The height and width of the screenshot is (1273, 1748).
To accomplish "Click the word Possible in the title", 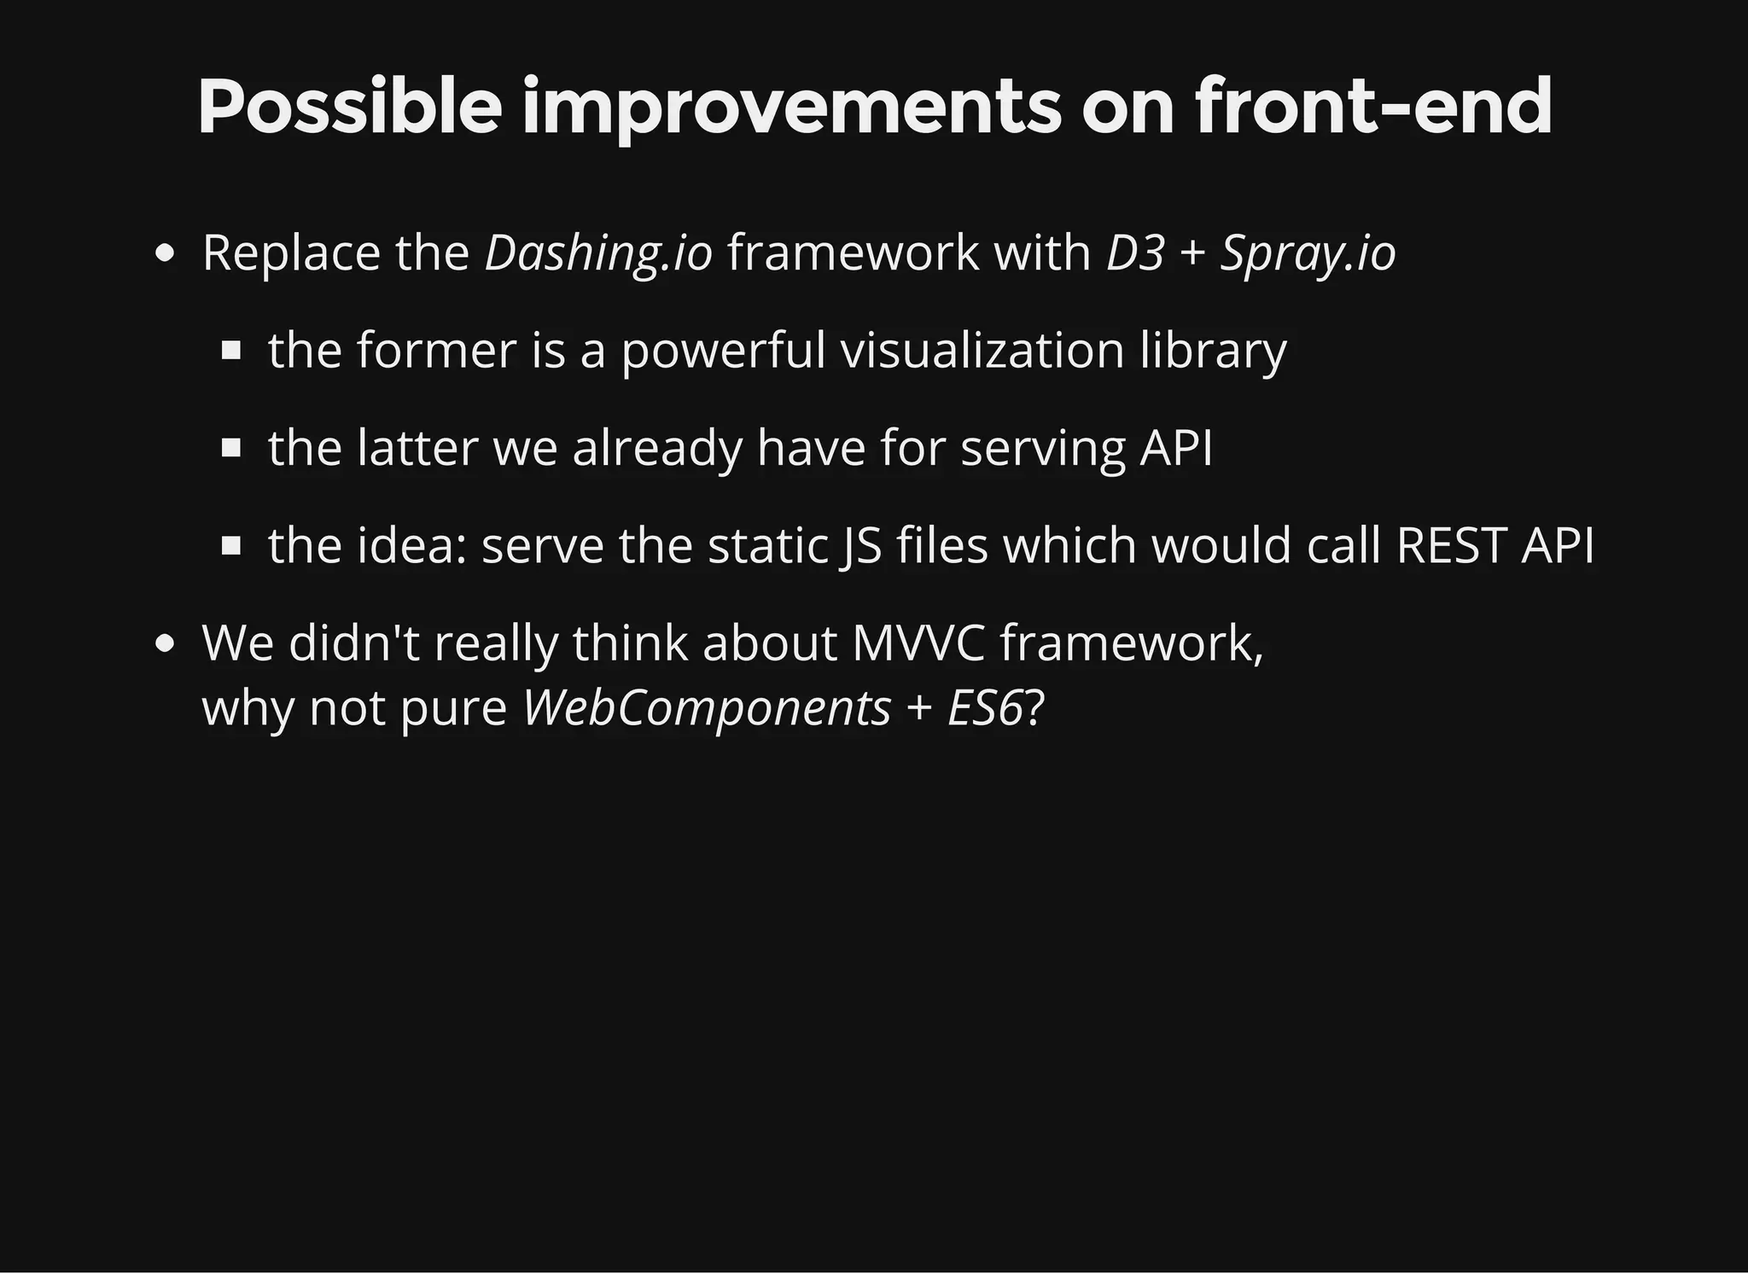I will (x=349, y=108).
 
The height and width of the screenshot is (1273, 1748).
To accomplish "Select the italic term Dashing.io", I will (x=597, y=253).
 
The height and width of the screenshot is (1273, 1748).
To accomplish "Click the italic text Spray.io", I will (x=1308, y=253).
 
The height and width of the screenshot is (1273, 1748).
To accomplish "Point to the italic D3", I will (x=1134, y=253).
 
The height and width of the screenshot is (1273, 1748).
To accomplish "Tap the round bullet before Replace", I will (x=166, y=254).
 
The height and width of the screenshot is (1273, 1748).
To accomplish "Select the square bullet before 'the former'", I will (x=231, y=352).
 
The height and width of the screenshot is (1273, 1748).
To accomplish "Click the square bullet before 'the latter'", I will (x=231, y=449).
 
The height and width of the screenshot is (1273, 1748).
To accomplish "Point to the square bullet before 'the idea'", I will (x=231, y=546).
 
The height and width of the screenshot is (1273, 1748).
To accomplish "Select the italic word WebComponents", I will (x=707, y=708).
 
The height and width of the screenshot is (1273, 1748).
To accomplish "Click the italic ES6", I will (x=984, y=708).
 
